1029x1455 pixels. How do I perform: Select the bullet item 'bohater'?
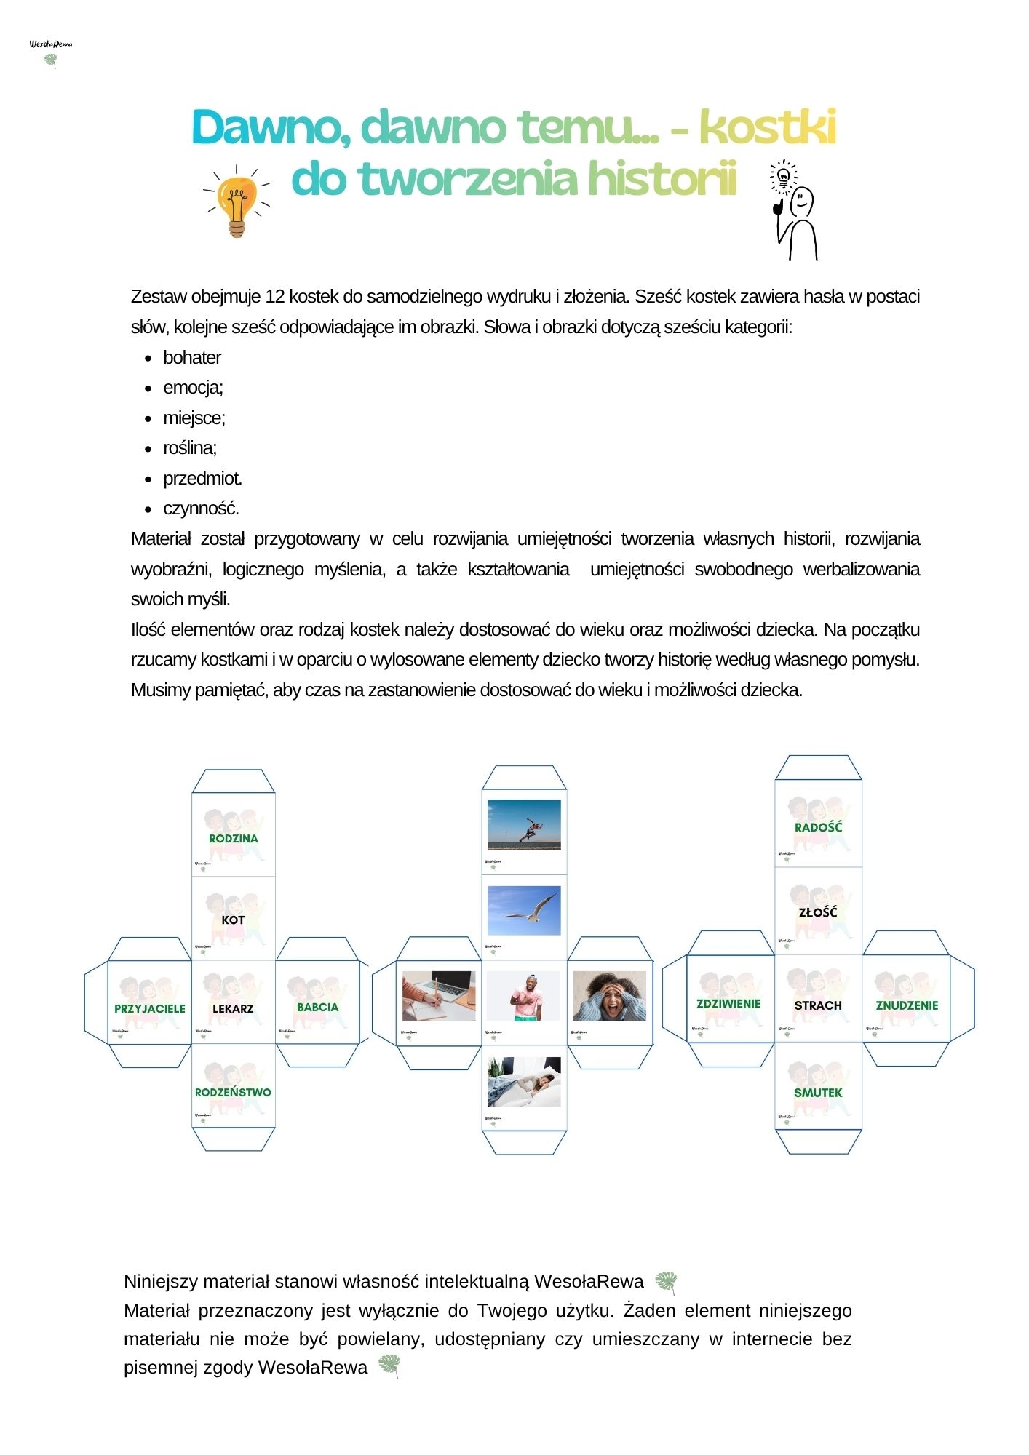tap(191, 358)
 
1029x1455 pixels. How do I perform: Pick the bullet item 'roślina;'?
tap(189, 448)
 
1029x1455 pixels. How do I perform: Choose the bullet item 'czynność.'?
tap(201, 509)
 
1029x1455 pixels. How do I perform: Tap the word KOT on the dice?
tap(233, 920)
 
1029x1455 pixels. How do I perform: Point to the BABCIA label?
tap(317, 1008)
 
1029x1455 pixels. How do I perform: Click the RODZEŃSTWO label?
tap(233, 1092)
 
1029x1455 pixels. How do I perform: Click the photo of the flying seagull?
tap(524, 910)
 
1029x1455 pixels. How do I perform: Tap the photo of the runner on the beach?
tap(524, 824)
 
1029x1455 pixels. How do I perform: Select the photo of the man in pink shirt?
tap(524, 996)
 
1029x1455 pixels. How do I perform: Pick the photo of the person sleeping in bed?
tap(524, 1081)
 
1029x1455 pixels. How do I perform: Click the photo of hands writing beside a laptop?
tap(439, 995)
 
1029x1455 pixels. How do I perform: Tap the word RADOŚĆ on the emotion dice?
tap(818, 827)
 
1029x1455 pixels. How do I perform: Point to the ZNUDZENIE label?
tap(907, 1005)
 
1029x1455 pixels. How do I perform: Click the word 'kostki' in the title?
tap(767, 127)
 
